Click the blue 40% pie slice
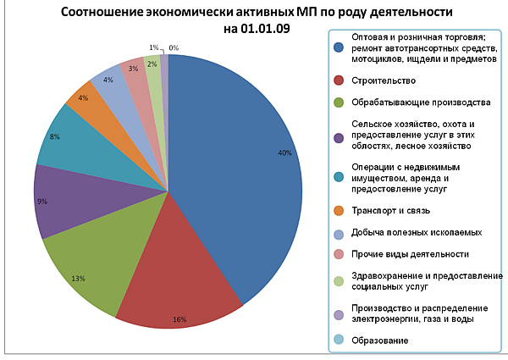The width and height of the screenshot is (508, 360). [x=246, y=169]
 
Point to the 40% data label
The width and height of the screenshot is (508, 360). [x=284, y=153]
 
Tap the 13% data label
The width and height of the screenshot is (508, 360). [x=78, y=278]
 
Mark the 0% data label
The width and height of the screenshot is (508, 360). [x=174, y=48]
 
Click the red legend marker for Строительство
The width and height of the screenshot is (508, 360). [x=339, y=80]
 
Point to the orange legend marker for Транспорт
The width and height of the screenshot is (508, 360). [x=339, y=209]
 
